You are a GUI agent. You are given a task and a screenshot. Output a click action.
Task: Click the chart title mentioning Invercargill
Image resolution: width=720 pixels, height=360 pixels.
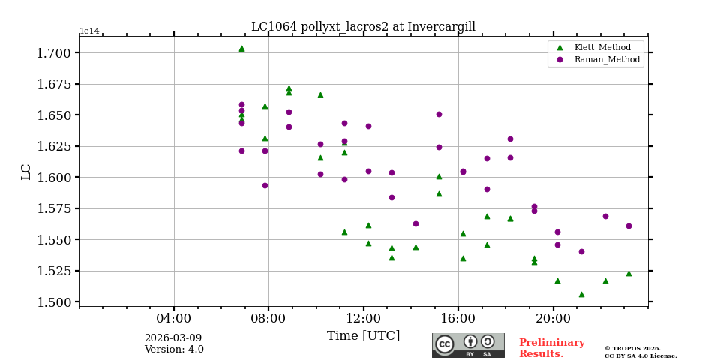(363, 27)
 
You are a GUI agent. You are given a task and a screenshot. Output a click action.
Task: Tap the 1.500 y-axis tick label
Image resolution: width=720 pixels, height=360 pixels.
(54, 302)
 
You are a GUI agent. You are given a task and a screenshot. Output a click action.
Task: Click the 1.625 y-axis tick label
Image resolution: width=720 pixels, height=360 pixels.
(54, 146)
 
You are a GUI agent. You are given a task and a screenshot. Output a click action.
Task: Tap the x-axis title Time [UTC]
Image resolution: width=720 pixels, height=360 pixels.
(363, 336)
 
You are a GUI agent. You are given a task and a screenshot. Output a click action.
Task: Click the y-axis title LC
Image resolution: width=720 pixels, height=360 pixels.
(26, 172)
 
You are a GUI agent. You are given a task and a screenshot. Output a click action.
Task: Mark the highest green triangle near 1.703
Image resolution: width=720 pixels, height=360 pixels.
(241, 49)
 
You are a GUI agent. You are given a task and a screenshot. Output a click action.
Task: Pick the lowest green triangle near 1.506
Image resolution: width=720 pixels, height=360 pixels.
(581, 294)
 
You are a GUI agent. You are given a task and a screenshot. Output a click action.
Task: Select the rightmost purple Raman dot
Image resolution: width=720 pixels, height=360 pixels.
(628, 226)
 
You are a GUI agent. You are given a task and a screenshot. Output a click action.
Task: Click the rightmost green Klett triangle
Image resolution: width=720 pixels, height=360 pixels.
(628, 273)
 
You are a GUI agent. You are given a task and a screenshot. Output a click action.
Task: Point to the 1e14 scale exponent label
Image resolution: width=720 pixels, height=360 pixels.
(89, 31)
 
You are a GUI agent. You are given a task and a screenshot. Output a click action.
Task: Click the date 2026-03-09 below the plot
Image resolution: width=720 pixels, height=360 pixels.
(173, 338)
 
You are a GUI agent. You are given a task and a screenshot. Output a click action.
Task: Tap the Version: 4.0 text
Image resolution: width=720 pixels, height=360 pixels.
(174, 349)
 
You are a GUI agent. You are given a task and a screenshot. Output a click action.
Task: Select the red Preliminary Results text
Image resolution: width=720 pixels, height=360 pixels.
(551, 348)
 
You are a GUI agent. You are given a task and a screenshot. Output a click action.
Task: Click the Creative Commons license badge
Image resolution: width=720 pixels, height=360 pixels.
(468, 345)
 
